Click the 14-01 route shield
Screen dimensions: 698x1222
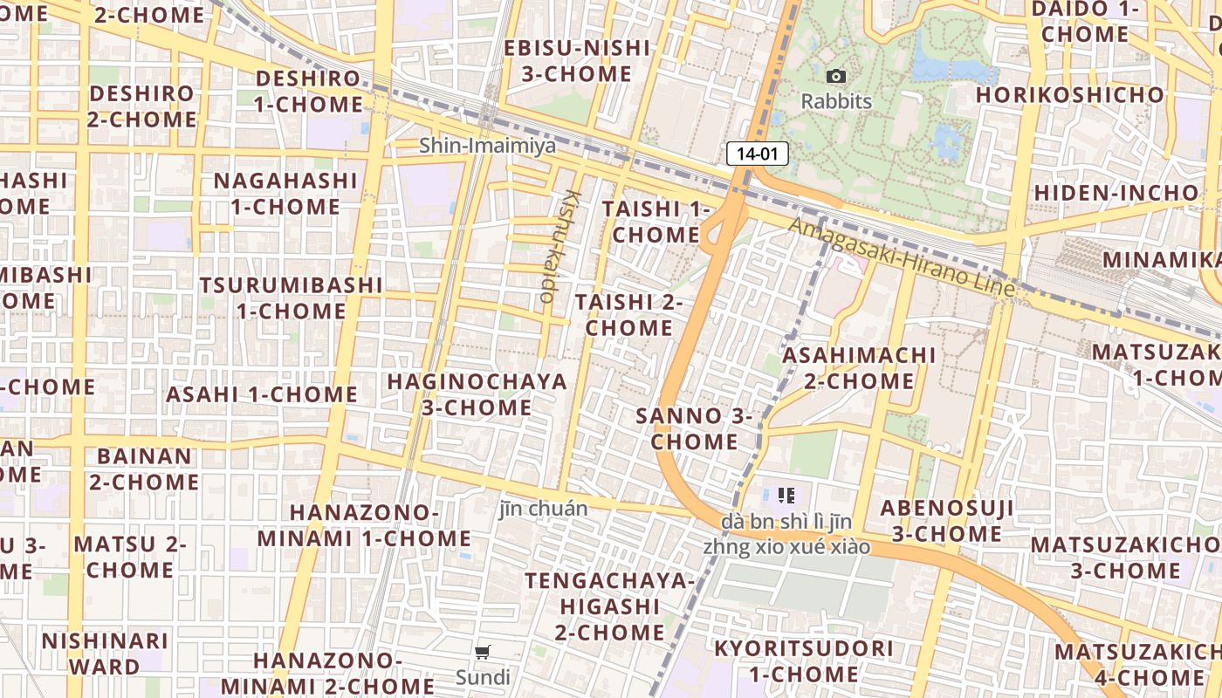757,154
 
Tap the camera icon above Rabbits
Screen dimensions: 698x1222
835,77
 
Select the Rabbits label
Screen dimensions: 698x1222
836,101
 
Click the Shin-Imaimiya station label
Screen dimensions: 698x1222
487,146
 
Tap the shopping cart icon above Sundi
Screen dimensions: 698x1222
483,653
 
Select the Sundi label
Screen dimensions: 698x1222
483,677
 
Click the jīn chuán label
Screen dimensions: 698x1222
543,508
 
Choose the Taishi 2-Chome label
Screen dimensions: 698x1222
628,315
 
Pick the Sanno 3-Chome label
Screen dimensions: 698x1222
694,428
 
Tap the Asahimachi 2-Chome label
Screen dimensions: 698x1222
859,368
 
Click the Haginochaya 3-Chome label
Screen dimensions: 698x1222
477,394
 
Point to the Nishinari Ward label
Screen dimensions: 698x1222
105,654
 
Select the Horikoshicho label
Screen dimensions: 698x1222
1070,94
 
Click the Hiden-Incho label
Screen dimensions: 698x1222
1116,192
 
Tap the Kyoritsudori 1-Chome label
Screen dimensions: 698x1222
804,661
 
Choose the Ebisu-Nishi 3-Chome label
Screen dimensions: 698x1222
577,61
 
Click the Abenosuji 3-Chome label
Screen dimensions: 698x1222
947,521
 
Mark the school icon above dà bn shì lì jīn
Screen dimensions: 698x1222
786,496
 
